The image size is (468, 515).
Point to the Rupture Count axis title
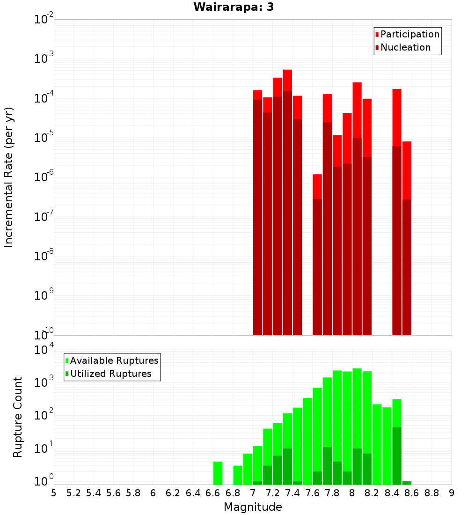(18, 417)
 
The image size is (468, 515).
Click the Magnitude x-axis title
(253, 507)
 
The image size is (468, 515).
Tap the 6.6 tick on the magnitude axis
(213, 493)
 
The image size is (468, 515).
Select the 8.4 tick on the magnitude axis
(392, 493)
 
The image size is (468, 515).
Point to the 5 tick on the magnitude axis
(54, 493)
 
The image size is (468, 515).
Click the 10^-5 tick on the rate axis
(44, 138)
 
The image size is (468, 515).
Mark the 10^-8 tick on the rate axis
(44, 256)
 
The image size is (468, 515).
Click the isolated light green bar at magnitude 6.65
(218, 473)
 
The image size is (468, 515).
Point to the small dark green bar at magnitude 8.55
(407, 483)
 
